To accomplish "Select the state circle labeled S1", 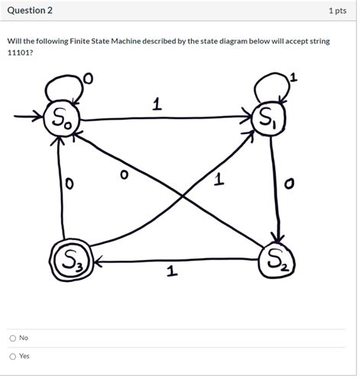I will [x=269, y=119].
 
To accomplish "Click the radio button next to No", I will [x=12, y=338].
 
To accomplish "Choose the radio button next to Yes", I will [x=12, y=356].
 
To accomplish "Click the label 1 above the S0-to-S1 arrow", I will [x=156, y=106].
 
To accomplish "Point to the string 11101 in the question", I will [x=20, y=55].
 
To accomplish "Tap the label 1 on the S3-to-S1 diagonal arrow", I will [x=220, y=179].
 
